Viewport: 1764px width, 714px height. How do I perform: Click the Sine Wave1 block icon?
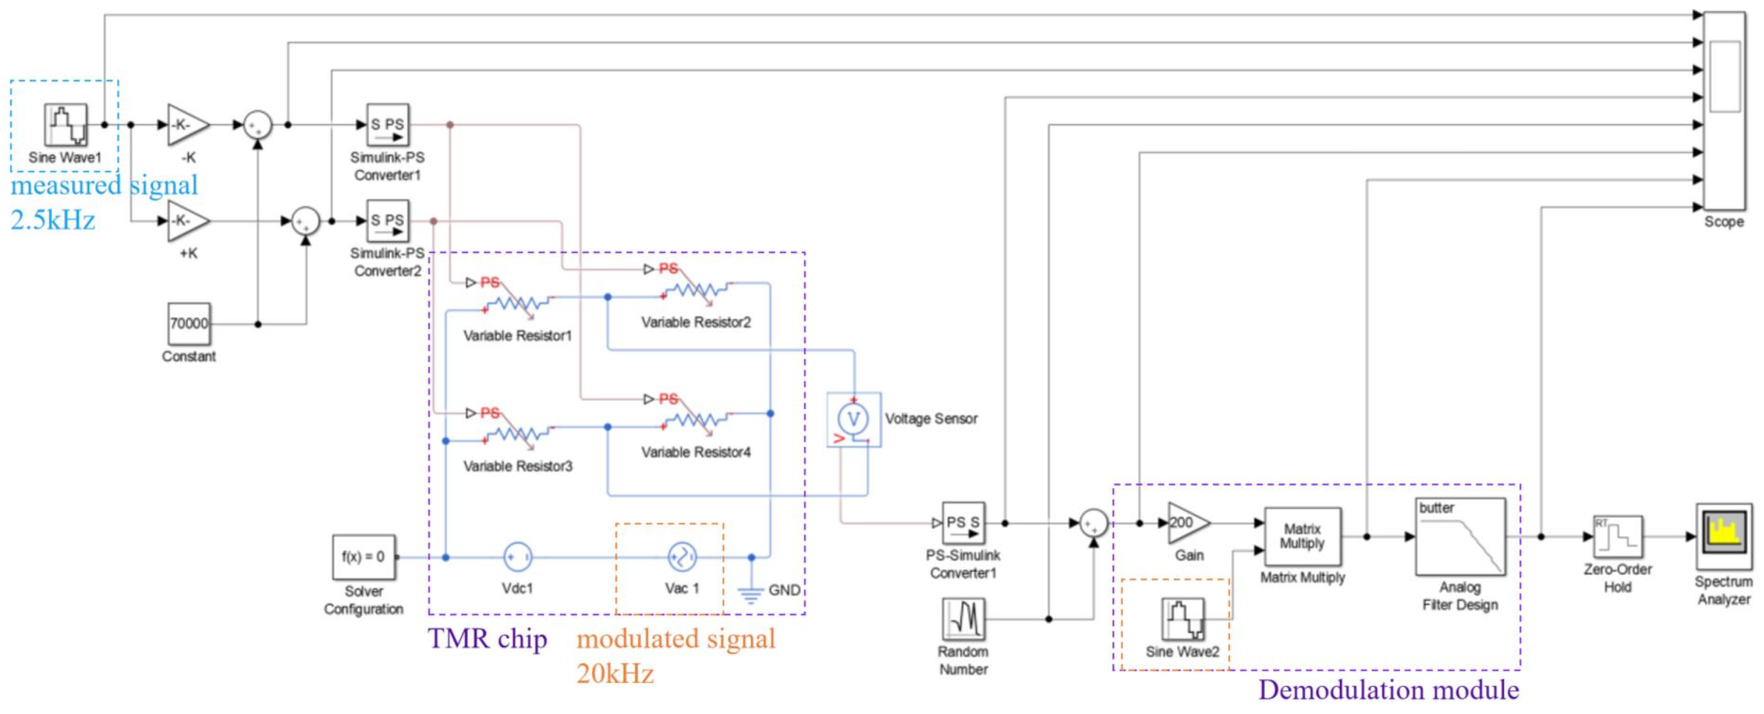[x=66, y=125]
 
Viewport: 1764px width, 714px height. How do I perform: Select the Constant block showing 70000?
[x=189, y=323]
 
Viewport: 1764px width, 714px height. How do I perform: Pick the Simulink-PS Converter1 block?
[x=388, y=125]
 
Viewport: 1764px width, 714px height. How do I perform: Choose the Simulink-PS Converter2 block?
[x=388, y=221]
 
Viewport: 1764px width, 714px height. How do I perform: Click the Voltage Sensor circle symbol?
[x=853, y=419]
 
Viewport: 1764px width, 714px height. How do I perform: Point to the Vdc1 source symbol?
[x=518, y=557]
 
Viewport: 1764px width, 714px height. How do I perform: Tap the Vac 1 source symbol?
[x=682, y=557]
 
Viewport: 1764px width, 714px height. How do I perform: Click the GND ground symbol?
[x=751, y=593]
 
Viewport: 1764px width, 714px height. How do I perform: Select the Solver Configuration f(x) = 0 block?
[x=364, y=557]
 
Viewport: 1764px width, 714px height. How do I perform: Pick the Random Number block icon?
[x=963, y=619]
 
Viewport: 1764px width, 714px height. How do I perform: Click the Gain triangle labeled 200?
[x=1186, y=523]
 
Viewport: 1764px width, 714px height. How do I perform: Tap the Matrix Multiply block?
[x=1302, y=537]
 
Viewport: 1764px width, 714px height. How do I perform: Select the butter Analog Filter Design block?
[x=1460, y=537]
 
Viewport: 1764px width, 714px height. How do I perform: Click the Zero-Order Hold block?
[x=1618, y=537]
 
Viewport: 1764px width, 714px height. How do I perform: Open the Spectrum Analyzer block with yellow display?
[x=1724, y=536]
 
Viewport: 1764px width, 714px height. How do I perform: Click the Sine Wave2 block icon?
[x=1183, y=619]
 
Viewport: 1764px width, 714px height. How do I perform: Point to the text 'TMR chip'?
[x=488, y=639]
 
